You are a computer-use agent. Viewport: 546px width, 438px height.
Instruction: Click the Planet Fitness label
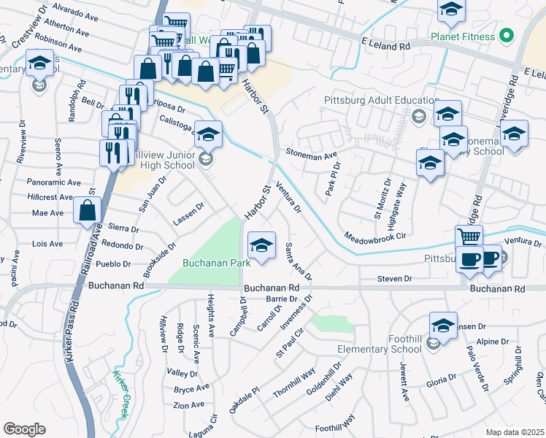[x=472, y=36]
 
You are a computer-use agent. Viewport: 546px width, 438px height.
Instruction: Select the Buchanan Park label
[x=216, y=261]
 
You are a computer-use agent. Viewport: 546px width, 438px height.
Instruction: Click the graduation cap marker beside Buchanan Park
[x=261, y=245]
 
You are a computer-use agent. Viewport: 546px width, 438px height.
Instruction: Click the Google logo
[x=24, y=429]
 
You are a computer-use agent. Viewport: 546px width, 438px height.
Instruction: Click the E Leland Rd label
[x=386, y=45]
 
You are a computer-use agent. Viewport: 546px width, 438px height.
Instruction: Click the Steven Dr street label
[x=395, y=279]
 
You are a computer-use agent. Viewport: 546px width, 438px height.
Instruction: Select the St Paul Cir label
[x=289, y=342]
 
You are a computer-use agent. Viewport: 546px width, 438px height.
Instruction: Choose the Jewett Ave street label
[x=403, y=385]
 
